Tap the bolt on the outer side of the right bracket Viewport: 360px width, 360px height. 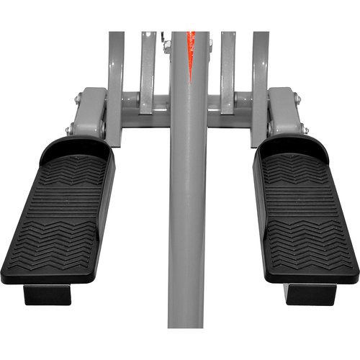305,130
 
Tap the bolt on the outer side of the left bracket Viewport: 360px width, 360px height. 70,130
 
